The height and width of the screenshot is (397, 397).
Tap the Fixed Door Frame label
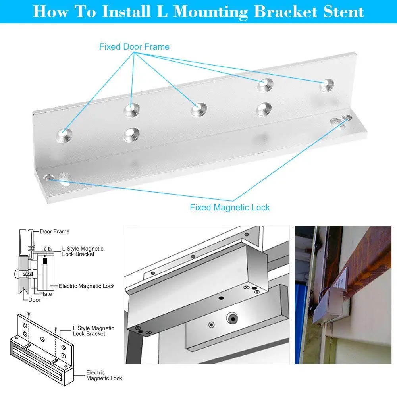pos(134,47)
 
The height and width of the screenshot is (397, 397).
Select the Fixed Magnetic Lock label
pos(229,207)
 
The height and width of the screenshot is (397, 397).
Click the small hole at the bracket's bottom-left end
pos(50,177)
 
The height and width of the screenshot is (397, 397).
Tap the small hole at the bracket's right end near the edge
pos(347,118)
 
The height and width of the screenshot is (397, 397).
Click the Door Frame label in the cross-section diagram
pos(54,231)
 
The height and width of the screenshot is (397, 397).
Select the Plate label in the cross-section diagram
pos(46,294)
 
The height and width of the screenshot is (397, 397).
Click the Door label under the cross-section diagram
pos(34,300)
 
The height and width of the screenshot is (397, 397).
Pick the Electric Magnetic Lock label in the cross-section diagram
pos(87,286)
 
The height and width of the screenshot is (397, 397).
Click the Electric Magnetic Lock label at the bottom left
pos(104,375)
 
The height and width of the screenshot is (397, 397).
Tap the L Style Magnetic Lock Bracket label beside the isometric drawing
pos(93,331)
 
